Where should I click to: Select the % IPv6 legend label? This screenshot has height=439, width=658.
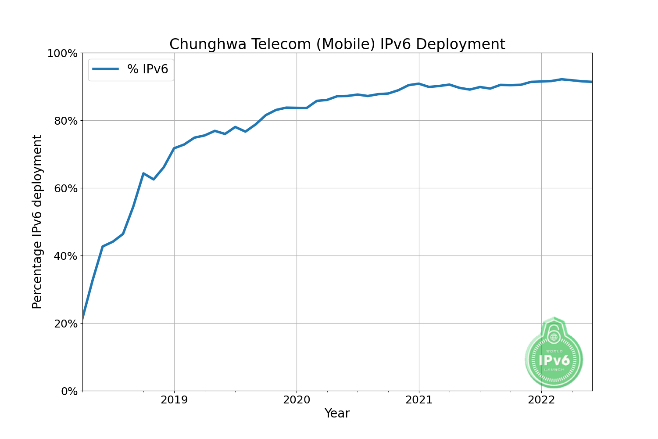point(147,69)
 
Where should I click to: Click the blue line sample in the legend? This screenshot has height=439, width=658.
point(105,69)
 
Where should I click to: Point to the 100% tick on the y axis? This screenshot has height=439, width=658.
point(62,54)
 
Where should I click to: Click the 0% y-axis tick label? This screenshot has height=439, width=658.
point(68,391)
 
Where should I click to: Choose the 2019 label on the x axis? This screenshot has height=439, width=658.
point(174,400)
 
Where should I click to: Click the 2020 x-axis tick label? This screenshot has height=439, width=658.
point(297,400)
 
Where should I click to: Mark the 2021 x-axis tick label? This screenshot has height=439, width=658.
point(419,400)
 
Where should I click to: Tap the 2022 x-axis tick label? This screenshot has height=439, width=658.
point(541,400)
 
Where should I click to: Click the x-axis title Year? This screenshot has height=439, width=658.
point(337,414)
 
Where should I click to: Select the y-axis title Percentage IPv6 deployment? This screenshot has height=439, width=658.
point(37,222)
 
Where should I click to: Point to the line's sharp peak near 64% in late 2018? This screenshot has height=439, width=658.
point(143,173)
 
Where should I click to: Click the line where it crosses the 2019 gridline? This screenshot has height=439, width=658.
point(174,148)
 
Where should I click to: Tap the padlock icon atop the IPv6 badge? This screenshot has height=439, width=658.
point(554,334)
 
